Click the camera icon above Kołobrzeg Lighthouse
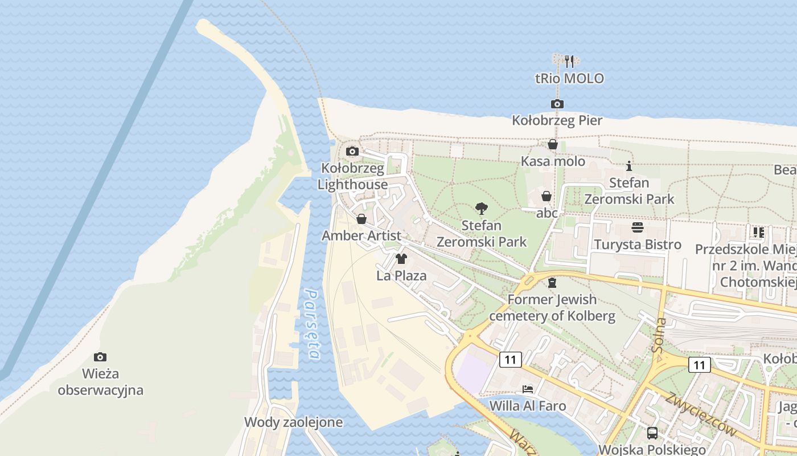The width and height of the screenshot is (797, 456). click(352, 151)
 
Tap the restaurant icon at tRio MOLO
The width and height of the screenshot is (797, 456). click(569, 61)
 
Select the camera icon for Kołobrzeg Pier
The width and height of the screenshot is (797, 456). click(557, 104)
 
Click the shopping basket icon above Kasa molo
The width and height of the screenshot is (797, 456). click(552, 145)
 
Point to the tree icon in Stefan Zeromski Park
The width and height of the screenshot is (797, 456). click(482, 209)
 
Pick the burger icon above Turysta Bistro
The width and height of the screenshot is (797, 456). click(638, 227)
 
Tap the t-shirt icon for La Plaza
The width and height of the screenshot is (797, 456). click(401, 259)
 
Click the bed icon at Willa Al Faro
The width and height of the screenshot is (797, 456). click(528, 389)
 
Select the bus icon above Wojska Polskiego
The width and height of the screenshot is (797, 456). click(652, 433)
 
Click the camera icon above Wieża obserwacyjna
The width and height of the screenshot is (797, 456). click(100, 357)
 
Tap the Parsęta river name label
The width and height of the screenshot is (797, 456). click(312, 324)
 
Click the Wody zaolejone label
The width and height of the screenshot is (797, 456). click(293, 422)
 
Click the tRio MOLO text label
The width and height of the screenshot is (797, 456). click(569, 79)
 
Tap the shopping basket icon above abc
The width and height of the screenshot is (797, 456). click(546, 196)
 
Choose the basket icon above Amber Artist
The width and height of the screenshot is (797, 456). click(361, 219)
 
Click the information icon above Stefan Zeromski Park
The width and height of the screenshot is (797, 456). click(629, 166)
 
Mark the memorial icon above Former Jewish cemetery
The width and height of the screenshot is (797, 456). click(552, 283)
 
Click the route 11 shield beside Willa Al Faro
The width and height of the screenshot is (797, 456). click(510, 360)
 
